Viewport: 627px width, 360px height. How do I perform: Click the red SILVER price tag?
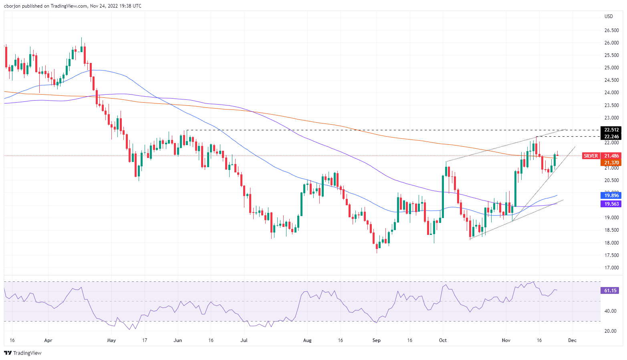point(591,156)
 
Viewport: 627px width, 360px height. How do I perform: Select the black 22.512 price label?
point(611,130)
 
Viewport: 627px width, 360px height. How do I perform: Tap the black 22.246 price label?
point(611,137)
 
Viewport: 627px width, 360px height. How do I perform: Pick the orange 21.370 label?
point(611,163)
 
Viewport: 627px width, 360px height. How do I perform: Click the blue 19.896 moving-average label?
point(611,196)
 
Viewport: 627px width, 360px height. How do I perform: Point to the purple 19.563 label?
point(611,204)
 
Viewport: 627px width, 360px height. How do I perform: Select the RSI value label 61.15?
point(611,290)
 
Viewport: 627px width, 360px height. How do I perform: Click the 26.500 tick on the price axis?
point(612,30)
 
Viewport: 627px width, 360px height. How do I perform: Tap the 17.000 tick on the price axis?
point(612,268)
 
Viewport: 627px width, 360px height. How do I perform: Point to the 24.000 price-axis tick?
point(612,93)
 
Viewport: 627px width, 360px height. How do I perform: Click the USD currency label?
point(609,16)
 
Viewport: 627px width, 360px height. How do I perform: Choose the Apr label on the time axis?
point(48,340)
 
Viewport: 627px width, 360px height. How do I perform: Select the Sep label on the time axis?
point(376,340)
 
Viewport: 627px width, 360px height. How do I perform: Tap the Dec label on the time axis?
point(572,340)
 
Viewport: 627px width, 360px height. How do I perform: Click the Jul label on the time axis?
point(244,340)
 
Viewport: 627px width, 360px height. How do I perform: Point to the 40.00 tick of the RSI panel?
point(611,311)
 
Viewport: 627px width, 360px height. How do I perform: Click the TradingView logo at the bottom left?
point(23,353)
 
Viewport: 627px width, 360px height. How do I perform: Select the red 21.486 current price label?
point(611,156)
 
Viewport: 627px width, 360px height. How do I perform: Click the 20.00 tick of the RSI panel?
point(611,331)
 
